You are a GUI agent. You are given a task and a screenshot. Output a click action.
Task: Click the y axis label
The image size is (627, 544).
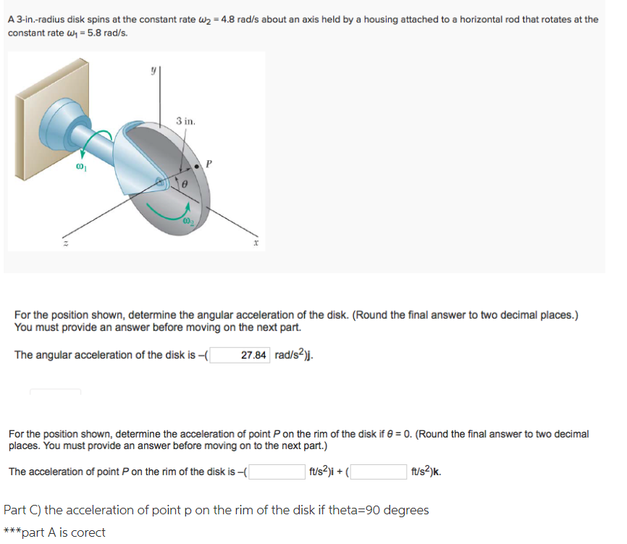[153, 71]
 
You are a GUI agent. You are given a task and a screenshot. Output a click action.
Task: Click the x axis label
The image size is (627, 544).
[256, 246]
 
